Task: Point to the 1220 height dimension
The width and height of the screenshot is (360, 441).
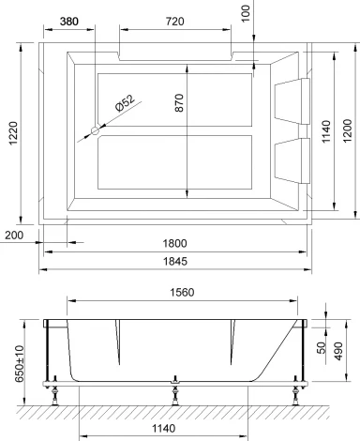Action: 11,133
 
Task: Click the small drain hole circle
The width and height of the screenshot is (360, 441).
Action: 94,132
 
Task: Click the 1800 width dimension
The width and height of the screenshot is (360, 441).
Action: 174,241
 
